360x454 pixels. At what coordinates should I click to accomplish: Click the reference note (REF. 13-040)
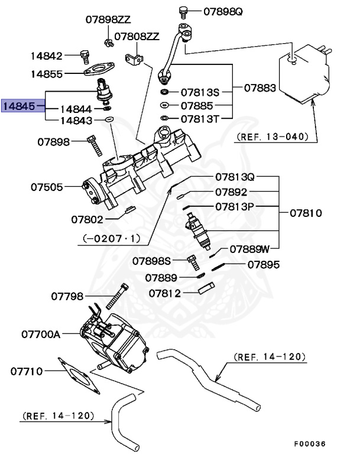coord(273,137)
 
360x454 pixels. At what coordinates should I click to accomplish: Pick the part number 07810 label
coord(306,212)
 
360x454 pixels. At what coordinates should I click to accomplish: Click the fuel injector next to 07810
coord(199,230)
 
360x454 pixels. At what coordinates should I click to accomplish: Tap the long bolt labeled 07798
coord(118,296)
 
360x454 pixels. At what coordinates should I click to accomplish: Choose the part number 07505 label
coord(47,187)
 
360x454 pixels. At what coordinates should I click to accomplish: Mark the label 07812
coord(165,293)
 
